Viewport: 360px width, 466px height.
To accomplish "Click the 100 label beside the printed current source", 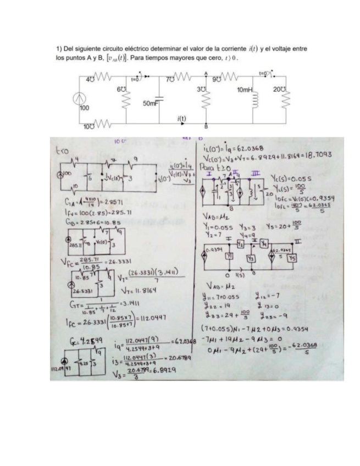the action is click(84, 108).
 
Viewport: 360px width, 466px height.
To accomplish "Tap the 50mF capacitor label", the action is click(150, 103).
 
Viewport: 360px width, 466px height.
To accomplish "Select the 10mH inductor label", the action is click(244, 90).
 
